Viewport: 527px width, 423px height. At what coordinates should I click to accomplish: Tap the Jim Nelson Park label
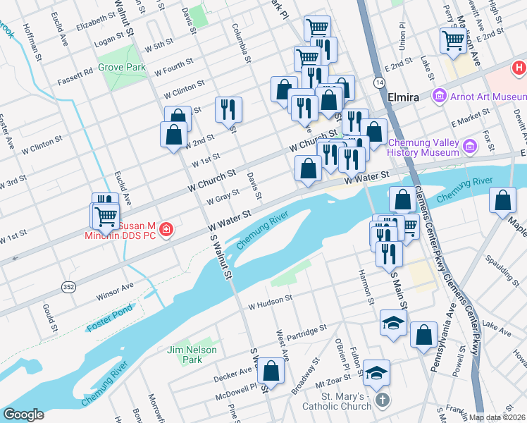185,355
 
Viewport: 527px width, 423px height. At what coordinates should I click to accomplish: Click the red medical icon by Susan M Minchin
166,231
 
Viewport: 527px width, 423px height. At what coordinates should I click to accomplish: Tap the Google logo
23,415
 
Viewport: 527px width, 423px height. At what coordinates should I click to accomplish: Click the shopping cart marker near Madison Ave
452,39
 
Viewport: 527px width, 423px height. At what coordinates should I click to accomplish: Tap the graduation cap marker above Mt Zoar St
378,372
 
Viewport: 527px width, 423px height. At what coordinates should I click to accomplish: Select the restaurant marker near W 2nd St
228,109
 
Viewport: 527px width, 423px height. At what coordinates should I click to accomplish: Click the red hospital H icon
519,68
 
